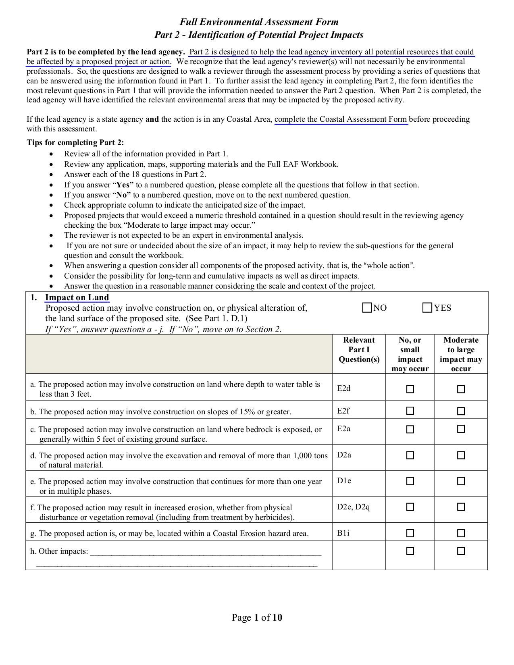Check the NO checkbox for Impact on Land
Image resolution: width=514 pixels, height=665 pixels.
coord(367,308)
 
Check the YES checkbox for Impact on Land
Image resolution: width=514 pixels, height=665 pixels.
coord(427,308)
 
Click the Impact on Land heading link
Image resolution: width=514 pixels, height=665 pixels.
coord(77,297)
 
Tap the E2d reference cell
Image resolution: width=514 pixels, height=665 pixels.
coord(344,388)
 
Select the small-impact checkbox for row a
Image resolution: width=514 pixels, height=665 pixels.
coord(410,389)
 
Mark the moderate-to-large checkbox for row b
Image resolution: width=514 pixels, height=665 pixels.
coord(461,411)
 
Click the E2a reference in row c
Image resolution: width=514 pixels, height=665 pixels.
coord(344,428)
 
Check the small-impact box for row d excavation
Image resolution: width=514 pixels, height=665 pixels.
coord(410,455)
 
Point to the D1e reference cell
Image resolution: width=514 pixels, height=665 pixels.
coord(344,480)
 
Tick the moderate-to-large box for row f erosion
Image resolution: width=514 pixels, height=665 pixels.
coord(461,507)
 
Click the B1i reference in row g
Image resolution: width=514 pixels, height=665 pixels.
coord(343,533)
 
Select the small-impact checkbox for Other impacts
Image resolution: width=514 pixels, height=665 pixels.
coord(410,551)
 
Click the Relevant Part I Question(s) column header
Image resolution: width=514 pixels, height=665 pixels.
coord(359,350)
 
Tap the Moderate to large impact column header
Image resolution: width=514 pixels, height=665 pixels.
coord(461,354)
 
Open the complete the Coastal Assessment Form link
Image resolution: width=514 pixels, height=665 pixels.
coord(341,119)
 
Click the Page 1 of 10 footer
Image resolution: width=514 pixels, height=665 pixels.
coord(257,617)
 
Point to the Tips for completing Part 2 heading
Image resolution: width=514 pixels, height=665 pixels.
coord(75,142)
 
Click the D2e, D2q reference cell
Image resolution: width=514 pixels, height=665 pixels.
coord(353,507)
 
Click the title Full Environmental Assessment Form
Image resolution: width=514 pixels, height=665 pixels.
coord(259,22)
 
